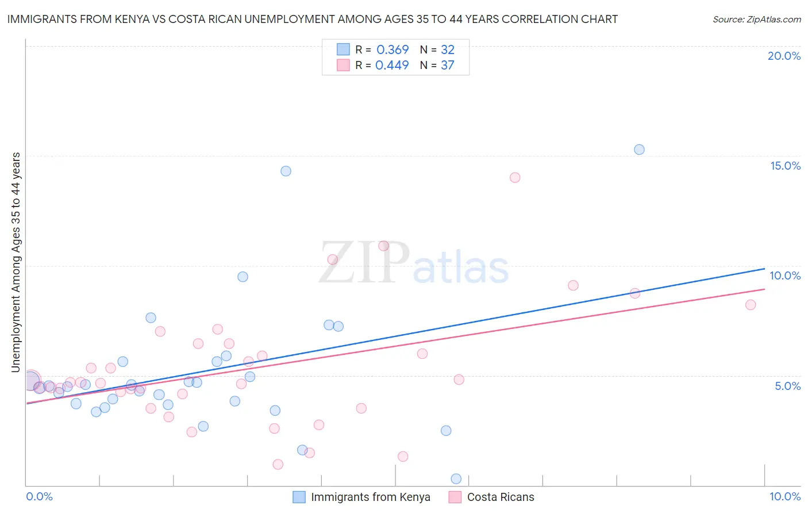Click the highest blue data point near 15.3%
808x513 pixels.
point(639,150)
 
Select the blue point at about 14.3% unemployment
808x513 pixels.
point(286,171)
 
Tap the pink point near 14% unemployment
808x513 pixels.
point(515,178)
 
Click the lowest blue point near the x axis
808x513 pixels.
point(456,478)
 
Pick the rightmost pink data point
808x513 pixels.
point(751,305)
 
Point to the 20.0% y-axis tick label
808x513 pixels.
point(784,56)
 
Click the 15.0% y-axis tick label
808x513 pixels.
point(785,166)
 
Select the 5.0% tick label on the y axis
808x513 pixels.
point(787,386)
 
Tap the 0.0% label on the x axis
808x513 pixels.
point(39,496)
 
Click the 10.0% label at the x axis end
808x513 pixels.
point(785,496)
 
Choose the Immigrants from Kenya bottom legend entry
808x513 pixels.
point(370,497)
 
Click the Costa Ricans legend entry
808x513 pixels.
point(500,497)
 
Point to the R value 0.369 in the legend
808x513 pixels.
point(393,49)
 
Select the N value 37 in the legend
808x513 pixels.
point(448,65)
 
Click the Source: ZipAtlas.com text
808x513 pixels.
point(756,19)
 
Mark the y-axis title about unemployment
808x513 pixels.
point(16,262)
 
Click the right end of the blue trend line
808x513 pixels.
point(764,269)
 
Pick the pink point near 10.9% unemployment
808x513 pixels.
point(384,246)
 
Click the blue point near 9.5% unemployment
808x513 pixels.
point(243,277)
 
